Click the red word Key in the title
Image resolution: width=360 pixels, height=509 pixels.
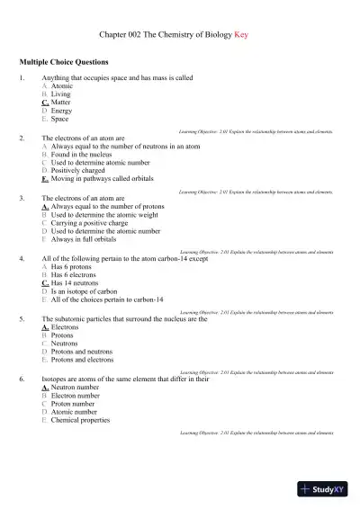click(x=240, y=35)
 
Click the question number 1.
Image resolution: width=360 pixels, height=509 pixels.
click(x=22, y=78)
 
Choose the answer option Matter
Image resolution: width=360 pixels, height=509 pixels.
click(x=61, y=103)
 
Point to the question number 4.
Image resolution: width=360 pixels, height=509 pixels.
click(x=22, y=257)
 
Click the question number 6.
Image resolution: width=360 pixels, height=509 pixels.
click(x=22, y=379)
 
